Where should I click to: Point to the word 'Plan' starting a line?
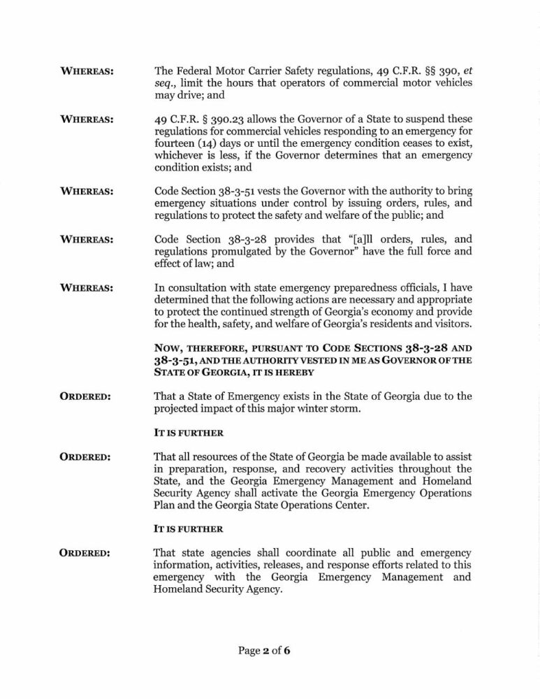pos(164,506)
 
